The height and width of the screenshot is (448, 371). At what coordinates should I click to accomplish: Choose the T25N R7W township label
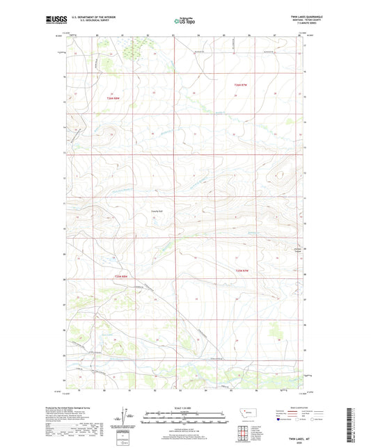(x=242, y=271)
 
